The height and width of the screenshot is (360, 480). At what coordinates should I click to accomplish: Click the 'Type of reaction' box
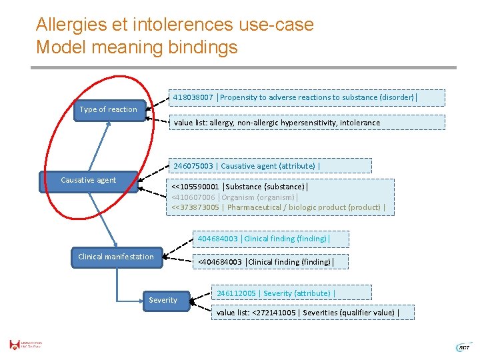click(x=108, y=110)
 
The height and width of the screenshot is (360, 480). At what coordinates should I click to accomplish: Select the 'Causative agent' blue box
click(x=88, y=181)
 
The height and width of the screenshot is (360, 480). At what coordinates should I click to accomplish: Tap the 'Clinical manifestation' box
click(x=116, y=257)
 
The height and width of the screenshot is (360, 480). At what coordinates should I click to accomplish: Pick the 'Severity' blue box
click(x=163, y=301)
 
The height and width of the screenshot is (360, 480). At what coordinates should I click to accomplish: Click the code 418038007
click(x=193, y=97)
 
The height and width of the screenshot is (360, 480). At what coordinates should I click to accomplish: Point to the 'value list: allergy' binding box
click(x=305, y=123)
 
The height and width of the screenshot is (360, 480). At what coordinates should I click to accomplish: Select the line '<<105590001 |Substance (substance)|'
click(x=240, y=187)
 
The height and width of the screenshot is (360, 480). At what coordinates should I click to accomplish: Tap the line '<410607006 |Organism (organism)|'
click(x=235, y=197)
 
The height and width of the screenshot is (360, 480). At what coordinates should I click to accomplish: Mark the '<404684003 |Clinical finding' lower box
click(x=264, y=262)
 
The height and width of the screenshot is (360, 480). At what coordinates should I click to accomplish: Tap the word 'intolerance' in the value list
click(x=359, y=123)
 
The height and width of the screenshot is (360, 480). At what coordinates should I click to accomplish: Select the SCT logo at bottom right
click(x=462, y=347)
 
